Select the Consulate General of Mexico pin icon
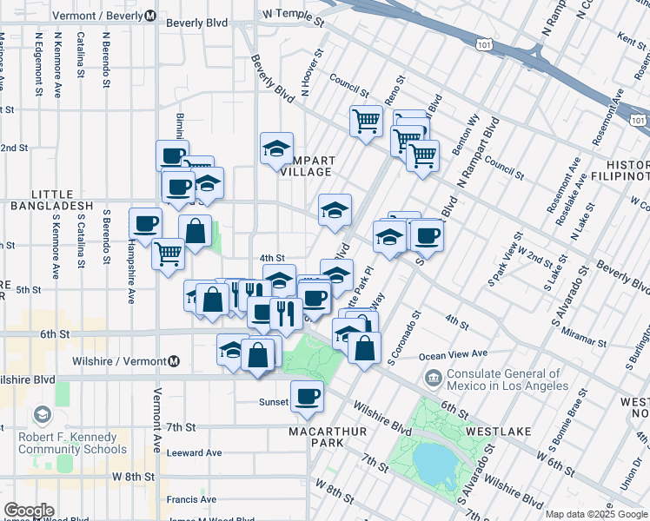point(433,378)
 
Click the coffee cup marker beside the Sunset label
point(307,397)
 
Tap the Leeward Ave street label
point(195,452)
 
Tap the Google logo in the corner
point(29,511)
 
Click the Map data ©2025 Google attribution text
point(596,514)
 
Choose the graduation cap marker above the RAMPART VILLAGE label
point(276,148)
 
